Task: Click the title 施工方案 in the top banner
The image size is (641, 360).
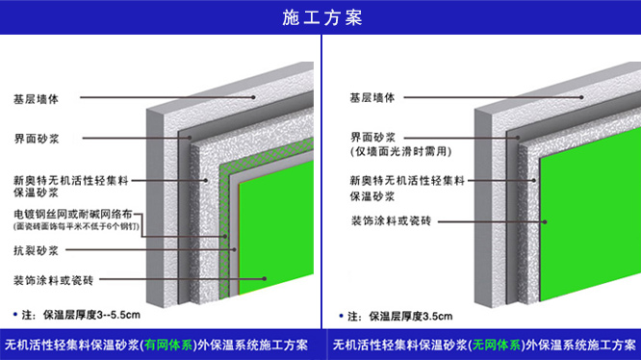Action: [x=322, y=17]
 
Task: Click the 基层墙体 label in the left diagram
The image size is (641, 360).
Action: [x=36, y=99]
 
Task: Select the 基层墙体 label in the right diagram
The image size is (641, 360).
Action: [x=372, y=97]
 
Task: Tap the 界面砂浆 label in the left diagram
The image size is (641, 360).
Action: [x=37, y=139]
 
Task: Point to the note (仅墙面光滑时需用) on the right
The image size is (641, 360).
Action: [x=401, y=151]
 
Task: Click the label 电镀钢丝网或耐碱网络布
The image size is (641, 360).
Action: [x=73, y=214]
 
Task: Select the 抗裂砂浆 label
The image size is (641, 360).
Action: [x=36, y=250]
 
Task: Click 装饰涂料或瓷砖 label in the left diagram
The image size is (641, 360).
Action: [x=54, y=280]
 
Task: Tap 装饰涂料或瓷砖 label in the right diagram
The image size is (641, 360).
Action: [x=391, y=221]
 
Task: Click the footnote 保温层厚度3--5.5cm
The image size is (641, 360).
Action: [x=91, y=315]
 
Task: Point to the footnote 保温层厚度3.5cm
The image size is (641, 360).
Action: [x=410, y=317]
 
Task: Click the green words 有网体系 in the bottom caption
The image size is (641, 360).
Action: [x=168, y=346]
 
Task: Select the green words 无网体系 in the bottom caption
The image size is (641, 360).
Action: [x=497, y=346]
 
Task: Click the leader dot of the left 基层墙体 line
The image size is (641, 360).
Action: [x=253, y=97]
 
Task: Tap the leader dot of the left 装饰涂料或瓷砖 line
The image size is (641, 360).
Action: [x=265, y=279]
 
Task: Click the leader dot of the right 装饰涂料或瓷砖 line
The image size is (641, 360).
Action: [x=545, y=222]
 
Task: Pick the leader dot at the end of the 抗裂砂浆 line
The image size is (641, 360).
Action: [x=234, y=249]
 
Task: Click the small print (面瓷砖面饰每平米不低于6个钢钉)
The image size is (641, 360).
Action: [x=76, y=226]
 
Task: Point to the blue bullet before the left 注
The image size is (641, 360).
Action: [x=15, y=314]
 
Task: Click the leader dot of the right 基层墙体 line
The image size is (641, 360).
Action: [x=581, y=97]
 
